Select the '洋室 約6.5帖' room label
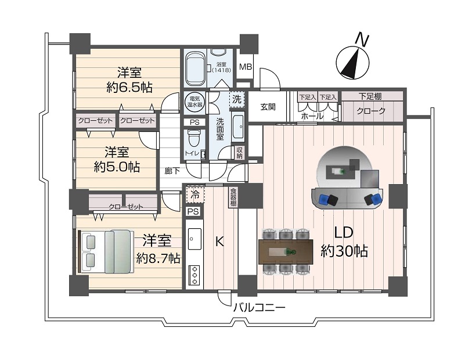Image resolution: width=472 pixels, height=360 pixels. coord(129,80)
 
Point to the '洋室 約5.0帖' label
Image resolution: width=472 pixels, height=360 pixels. coord(117,159)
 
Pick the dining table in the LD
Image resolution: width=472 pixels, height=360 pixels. coord(286,252)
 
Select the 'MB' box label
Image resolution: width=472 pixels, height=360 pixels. coord(245,67)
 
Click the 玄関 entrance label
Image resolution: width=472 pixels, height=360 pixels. coord(268,106)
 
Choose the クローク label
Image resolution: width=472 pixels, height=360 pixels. coord(370,111)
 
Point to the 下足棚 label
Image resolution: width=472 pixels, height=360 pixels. coord(370,96)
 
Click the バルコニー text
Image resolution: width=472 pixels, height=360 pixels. coord(259,308)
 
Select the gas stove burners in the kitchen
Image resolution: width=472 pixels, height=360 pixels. coord(194,274)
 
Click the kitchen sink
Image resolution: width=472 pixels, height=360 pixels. coord(194,238)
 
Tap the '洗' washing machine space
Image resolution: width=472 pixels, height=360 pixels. coord(236,99)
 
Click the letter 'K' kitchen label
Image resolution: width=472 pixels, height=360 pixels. coord(219,242)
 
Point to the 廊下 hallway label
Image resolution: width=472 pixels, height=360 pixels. coord(172,171)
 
